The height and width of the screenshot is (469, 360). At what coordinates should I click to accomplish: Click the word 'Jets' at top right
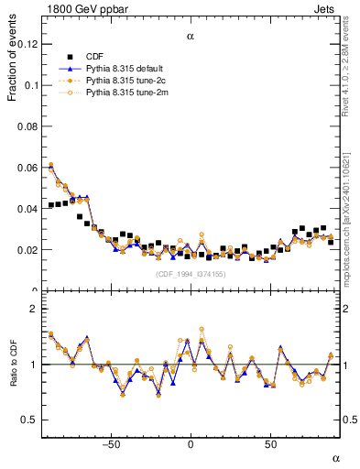tap(328, 8)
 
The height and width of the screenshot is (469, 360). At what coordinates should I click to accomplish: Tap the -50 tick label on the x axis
tap(110, 443)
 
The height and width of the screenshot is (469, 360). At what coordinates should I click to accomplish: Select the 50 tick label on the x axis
tap(270, 443)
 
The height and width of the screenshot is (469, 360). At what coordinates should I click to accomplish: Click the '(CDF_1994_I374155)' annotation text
tap(190, 274)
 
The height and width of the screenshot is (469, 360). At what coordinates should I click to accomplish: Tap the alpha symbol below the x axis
tap(335, 457)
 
